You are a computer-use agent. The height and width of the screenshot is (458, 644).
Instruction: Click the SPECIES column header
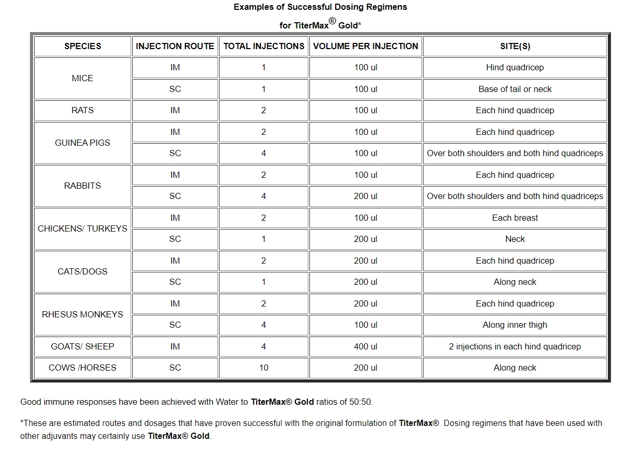pyautogui.click(x=83, y=46)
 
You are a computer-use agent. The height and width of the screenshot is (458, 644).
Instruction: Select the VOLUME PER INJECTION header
pyautogui.click(x=366, y=46)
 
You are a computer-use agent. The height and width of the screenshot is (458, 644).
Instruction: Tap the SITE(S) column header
pyautogui.click(x=515, y=46)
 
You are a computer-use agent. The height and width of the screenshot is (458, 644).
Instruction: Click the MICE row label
pyautogui.click(x=83, y=78)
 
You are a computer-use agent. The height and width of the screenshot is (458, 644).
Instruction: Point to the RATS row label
pyautogui.click(x=83, y=110)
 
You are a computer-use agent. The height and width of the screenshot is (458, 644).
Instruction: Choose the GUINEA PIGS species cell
pyautogui.click(x=83, y=143)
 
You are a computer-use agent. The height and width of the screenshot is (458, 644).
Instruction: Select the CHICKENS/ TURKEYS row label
pyautogui.click(x=83, y=228)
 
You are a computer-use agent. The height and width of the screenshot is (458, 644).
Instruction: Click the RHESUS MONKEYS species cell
pyautogui.click(x=83, y=314)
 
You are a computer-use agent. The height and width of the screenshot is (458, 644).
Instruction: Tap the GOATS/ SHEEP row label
pyautogui.click(x=83, y=346)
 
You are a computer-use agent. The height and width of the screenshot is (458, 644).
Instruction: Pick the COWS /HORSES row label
pyautogui.click(x=83, y=368)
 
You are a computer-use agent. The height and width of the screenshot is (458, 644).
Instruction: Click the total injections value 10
pyautogui.click(x=263, y=368)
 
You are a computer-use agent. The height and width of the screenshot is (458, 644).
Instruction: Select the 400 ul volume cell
pyautogui.click(x=366, y=346)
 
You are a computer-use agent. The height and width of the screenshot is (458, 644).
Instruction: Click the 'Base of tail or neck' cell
pyautogui.click(x=515, y=89)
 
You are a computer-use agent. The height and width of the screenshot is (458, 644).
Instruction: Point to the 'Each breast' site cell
pyautogui.click(x=515, y=218)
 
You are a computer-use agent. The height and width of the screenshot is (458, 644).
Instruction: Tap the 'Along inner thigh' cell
pyautogui.click(x=515, y=325)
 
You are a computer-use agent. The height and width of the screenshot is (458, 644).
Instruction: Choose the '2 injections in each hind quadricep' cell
pyautogui.click(x=515, y=346)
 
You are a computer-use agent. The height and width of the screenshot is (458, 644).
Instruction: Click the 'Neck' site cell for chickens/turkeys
pyautogui.click(x=515, y=239)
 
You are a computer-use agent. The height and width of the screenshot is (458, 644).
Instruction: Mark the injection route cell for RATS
pyautogui.click(x=175, y=110)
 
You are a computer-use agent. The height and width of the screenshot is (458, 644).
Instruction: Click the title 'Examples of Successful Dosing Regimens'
pyautogui.click(x=320, y=7)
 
